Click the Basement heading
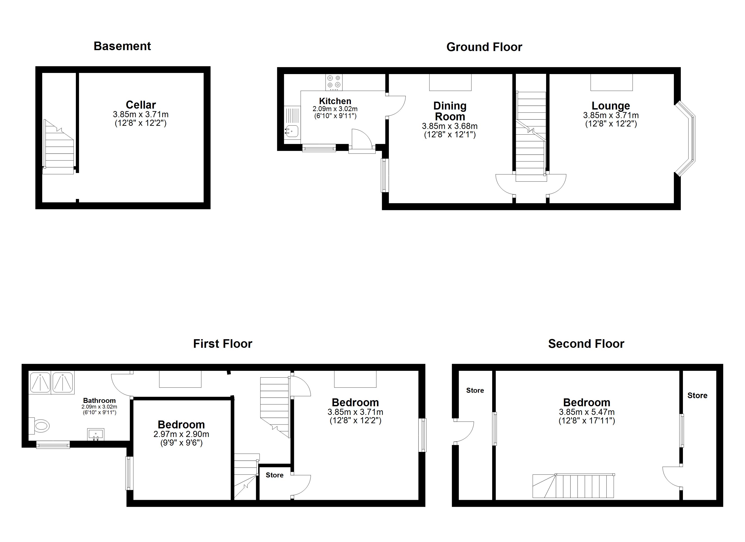(x=122, y=46)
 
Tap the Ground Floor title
(x=484, y=47)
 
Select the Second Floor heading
(x=586, y=344)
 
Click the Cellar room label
(x=141, y=105)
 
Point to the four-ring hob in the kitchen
(x=334, y=82)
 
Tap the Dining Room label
(x=450, y=111)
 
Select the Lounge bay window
(x=686, y=139)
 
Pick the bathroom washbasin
(x=95, y=434)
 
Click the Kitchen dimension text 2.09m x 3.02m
(x=335, y=109)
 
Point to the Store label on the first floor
(x=275, y=475)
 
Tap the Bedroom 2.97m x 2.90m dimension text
(x=181, y=434)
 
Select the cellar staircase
(x=59, y=147)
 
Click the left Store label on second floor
(x=475, y=390)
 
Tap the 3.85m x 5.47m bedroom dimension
(x=587, y=412)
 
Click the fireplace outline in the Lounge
(x=612, y=82)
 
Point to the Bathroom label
(x=99, y=400)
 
